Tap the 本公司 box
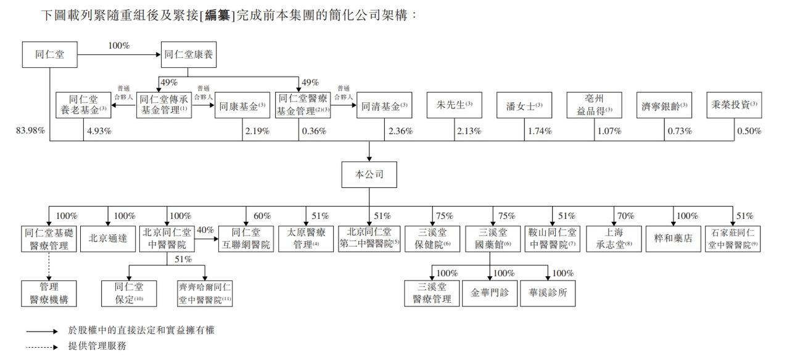pyautogui.click(x=369, y=174)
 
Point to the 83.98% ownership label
pyautogui.click(x=30, y=131)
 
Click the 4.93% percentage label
pyautogui.click(x=99, y=131)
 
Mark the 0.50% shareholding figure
pyautogui.click(x=750, y=131)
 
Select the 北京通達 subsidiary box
pyautogui.click(x=108, y=239)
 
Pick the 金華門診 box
pyautogui.click(x=490, y=293)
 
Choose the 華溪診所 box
pyautogui.click(x=548, y=293)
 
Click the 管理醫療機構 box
pyautogui.click(x=49, y=293)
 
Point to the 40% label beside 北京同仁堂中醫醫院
pyautogui.click(x=205, y=230)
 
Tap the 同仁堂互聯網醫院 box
pyautogui.click(x=245, y=239)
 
